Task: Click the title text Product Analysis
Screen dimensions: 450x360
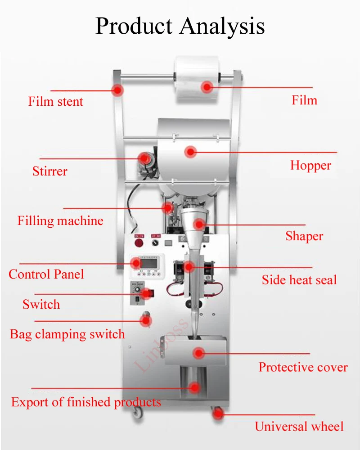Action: pos(180,26)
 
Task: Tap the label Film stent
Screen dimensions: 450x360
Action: pos(56,101)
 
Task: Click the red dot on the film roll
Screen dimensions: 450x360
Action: pos(207,87)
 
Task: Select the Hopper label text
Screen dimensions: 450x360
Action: pos(310,165)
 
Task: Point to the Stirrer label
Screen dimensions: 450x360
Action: pos(50,171)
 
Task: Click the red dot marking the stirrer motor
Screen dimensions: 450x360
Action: pos(144,158)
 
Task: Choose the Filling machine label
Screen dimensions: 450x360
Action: pos(60,221)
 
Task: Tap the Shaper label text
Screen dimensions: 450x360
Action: pos(304,236)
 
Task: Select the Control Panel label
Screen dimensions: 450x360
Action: pos(46,274)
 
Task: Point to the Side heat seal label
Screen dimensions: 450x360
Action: pos(299,280)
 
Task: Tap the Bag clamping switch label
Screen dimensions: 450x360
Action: pos(67,334)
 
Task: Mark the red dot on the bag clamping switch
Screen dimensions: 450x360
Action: pos(145,321)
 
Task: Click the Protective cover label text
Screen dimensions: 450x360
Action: pos(303,367)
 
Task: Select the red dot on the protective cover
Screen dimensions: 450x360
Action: pos(199,353)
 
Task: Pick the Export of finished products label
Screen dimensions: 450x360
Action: pos(86,402)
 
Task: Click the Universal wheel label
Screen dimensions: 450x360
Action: pos(299,426)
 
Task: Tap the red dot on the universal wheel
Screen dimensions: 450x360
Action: pos(218,414)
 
